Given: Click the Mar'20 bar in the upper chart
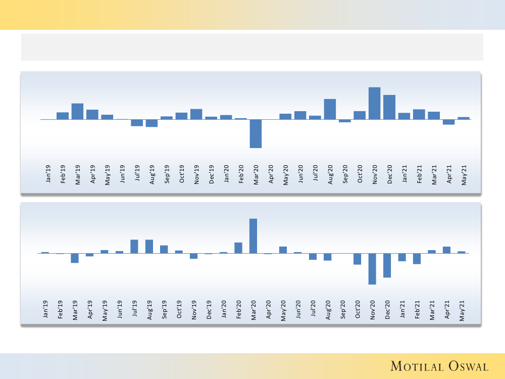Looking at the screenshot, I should tap(256, 133).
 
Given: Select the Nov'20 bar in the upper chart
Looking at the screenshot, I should tap(374, 103).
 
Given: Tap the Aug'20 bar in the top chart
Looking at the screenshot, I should tap(330, 109).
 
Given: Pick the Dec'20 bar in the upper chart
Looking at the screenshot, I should tap(389, 107).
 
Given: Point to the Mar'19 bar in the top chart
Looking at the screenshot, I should tap(77, 111).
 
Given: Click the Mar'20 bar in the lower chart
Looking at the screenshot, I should tap(253, 235).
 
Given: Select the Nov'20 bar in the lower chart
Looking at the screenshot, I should tap(372, 268).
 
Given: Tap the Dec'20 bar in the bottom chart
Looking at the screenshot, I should tap(387, 265).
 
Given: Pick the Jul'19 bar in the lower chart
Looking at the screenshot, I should tap(134, 246).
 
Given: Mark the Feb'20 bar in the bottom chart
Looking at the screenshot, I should tap(238, 248).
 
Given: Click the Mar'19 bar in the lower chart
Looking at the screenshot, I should tap(75, 258).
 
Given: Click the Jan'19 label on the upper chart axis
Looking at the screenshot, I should tap(48, 174).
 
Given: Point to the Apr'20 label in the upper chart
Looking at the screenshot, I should tap(271, 174).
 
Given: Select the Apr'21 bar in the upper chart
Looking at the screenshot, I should tap(448, 122).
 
